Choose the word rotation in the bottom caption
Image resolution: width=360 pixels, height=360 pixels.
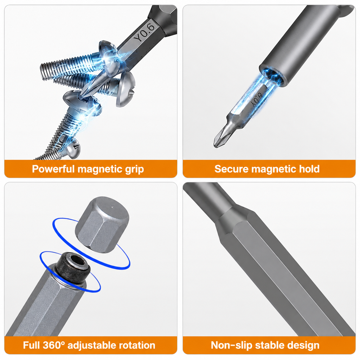pyautogui.click(x=136, y=346)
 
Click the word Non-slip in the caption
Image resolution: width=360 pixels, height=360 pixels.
pyautogui.click(x=231, y=345)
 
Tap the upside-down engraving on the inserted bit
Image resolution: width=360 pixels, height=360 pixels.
pyautogui.click(x=257, y=99)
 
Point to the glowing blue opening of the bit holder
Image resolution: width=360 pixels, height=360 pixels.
pyautogui.click(x=273, y=76)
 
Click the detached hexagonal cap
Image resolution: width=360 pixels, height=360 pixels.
pyautogui.click(x=102, y=225)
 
